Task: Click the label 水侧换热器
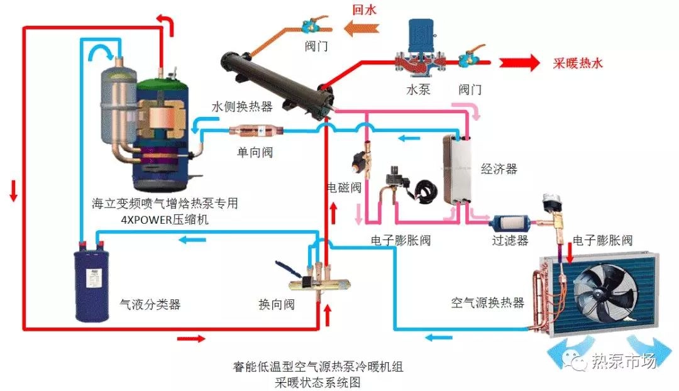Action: (242, 107)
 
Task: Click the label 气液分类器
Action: (150, 304)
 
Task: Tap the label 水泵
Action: (418, 89)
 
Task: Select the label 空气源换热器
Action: (487, 303)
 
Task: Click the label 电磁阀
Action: (344, 187)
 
